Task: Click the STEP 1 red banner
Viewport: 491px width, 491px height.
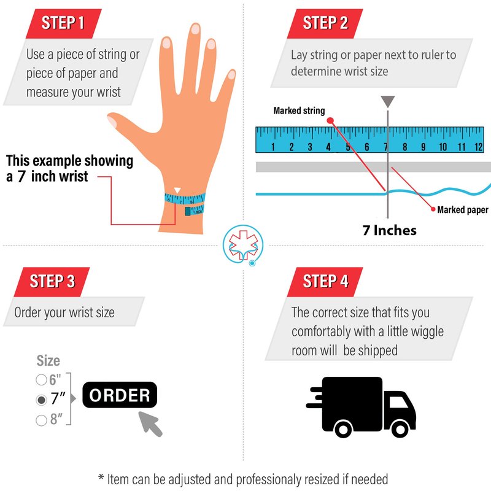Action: click(x=64, y=24)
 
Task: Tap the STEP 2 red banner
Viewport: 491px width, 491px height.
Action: click(x=325, y=24)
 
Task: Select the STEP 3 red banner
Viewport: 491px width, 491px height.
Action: click(x=52, y=282)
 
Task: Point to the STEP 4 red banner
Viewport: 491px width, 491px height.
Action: click(x=325, y=282)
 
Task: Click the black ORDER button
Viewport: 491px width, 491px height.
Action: click(x=120, y=395)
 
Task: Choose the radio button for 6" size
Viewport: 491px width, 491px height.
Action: click(x=41, y=379)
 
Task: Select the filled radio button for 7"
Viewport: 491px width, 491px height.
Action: click(x=41, y=400)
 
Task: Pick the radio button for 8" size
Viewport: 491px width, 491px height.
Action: click(x=41, y=420)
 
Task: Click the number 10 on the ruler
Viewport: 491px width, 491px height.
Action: click(x=443, y=147)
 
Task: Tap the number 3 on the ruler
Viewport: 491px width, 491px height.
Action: click(x=310, y=147)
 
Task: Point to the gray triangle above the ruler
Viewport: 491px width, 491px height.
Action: click(x=388, y=102)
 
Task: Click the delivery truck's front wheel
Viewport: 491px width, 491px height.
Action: click(x=400, y=428)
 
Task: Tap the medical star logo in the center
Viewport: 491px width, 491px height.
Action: click(x=243, y=245)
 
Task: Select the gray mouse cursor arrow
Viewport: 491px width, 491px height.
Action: click(x=150, y=423)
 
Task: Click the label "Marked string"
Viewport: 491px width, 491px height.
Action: click(x=299, y=110)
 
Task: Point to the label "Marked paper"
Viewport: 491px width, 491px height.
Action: click(x=463, y=210)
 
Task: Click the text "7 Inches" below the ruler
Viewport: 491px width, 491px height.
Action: click(x=390, y=230)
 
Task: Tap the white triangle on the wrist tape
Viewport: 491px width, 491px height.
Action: click(x=177, y=190)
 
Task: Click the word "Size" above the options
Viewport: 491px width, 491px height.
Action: click(x=48, y=360)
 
